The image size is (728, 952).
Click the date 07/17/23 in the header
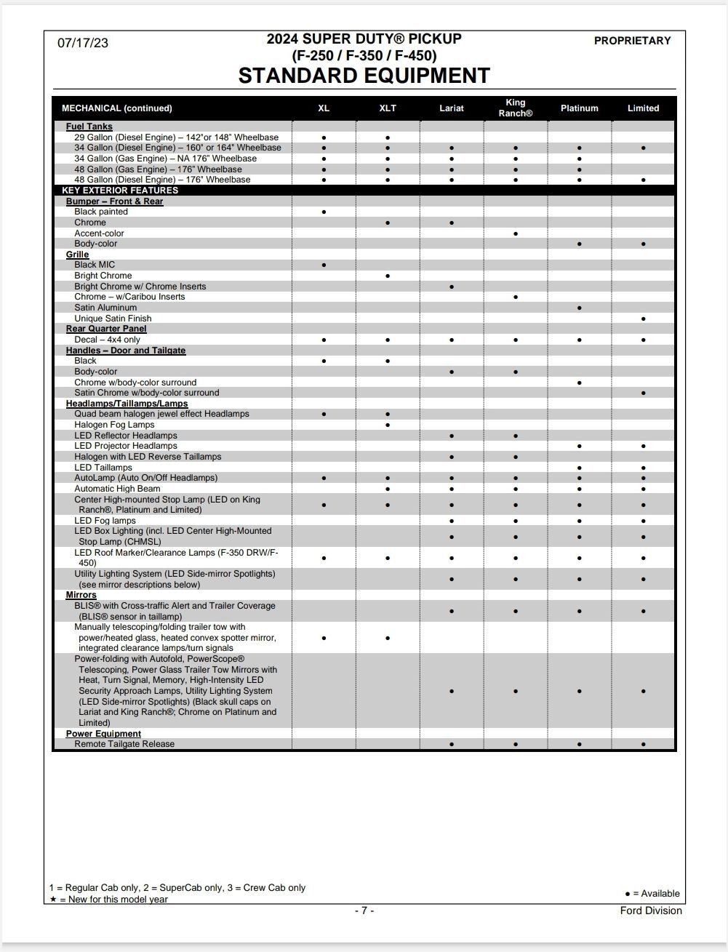coord(83,43)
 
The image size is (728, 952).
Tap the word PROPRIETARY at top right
coord(632,41)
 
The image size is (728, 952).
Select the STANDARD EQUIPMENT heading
coord(364,76)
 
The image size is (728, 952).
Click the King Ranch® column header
coord(515,108)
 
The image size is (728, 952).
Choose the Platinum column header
coord(579,108)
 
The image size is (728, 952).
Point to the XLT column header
coord(388,108)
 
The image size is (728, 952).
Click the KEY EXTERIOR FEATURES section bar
coord(120,191)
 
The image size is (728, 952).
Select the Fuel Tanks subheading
coord(89,127)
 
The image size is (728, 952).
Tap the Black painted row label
coord(100,212)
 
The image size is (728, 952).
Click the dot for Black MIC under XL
coord(324,265)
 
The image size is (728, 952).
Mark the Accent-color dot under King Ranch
coord(516,233)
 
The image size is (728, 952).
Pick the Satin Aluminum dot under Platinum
coord(579,308)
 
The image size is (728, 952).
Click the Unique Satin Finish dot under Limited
coord(644,319)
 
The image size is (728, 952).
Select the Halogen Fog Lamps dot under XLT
coord(388,425)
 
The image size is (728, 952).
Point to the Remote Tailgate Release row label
coord(124,744)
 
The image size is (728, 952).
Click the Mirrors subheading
coord(81,595)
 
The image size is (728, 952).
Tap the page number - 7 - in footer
coord(364,911)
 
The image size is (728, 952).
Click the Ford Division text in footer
coord(651,911)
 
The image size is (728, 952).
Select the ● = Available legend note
coord(652,894)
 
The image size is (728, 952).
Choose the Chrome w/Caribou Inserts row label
coord(129,297)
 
